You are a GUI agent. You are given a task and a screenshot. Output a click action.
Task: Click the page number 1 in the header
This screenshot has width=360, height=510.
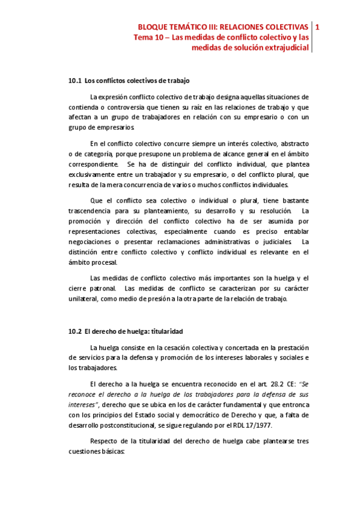click(x=317, y=27)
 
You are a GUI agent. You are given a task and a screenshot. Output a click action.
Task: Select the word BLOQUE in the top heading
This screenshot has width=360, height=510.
click(x=153, y=27)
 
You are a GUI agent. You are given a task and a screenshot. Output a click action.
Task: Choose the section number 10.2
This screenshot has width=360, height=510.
click(x=75, y=331)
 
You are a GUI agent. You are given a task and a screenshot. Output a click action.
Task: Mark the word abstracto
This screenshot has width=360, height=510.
click(x=292, y=143)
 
